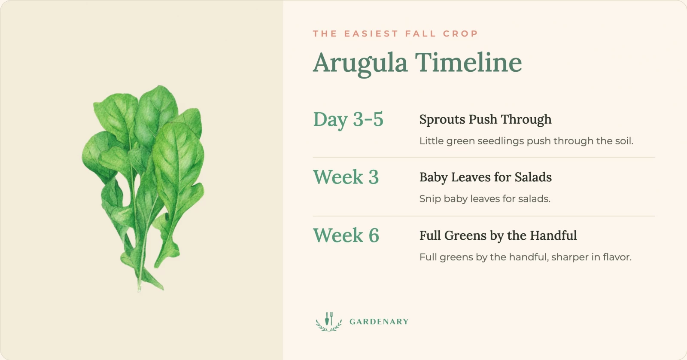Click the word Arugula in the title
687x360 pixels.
tap(360, 63)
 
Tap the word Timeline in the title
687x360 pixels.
tap(468, 62)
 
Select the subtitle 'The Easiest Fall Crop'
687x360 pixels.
tap(395, 34)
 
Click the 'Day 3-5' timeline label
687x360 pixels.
tap(348, 119)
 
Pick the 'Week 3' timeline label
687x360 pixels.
tap(346, 177)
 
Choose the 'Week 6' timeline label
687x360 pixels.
tap(346, 235)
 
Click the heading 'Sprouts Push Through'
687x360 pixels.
tap(486, 119)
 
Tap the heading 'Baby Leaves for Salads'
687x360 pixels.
tap(486, 177)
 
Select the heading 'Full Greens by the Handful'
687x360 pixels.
tap(498, 235)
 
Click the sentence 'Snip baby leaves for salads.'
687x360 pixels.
tap(485, 199)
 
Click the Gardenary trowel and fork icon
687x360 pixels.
tap(329, 321)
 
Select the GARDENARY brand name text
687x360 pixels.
tap(379, 322)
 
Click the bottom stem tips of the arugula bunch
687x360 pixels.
tap(140, 288)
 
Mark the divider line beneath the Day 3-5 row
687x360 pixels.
tap(483, 158)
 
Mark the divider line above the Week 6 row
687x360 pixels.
tap(483, 216)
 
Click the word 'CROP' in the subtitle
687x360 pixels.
tap(460, 34)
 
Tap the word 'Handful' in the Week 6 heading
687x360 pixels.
tap(553, 235)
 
